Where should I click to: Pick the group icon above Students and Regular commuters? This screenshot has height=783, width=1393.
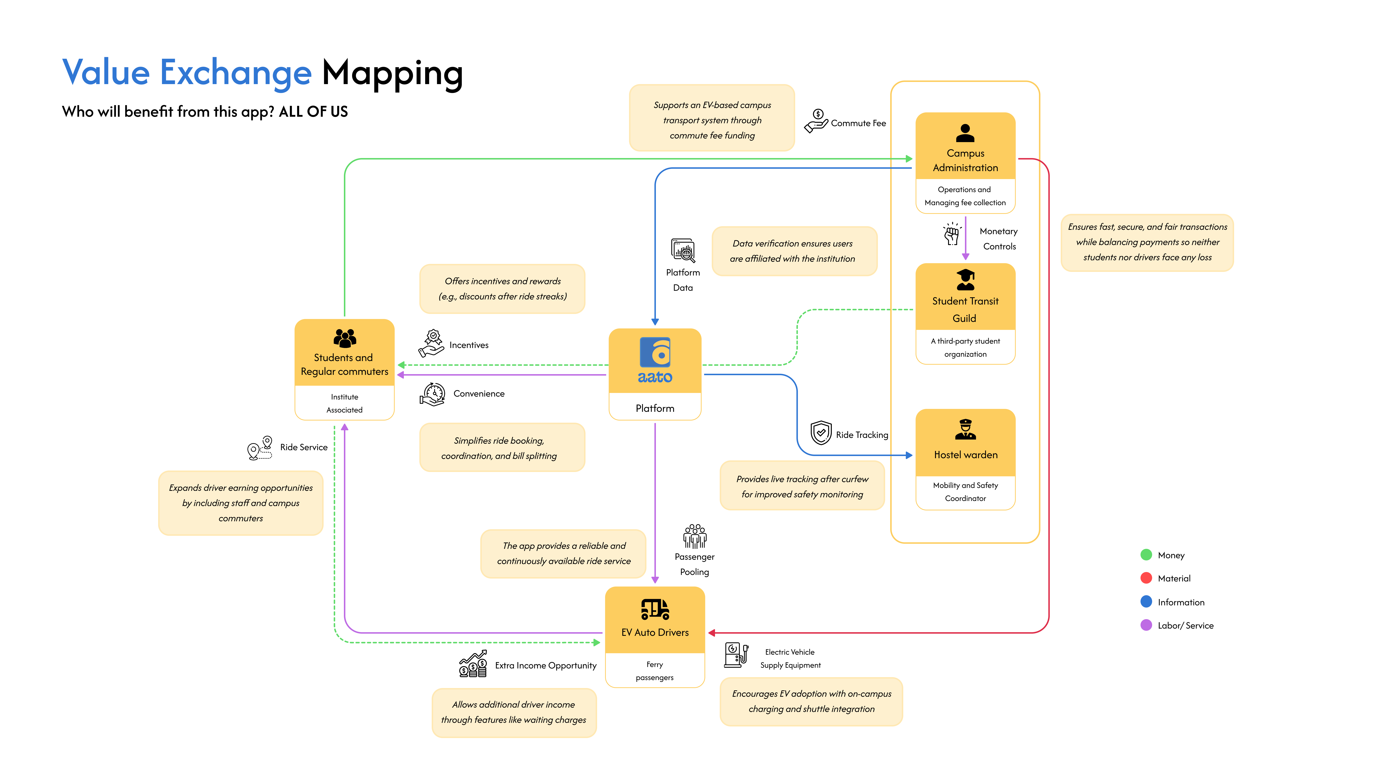click(x=344, y=338)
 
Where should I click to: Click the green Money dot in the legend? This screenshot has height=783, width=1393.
click(x=1146, y=555)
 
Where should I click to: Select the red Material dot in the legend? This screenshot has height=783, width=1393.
click(x=1146, y=578)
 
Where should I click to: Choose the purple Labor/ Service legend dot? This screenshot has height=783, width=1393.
click(x=1146, y=625)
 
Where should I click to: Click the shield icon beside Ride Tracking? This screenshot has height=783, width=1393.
click(x=821, y=433)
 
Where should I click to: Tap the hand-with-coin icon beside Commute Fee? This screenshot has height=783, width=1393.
click(x=816, y=121)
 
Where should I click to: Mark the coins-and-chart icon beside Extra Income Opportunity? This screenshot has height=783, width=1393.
click(x=473, y=664)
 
